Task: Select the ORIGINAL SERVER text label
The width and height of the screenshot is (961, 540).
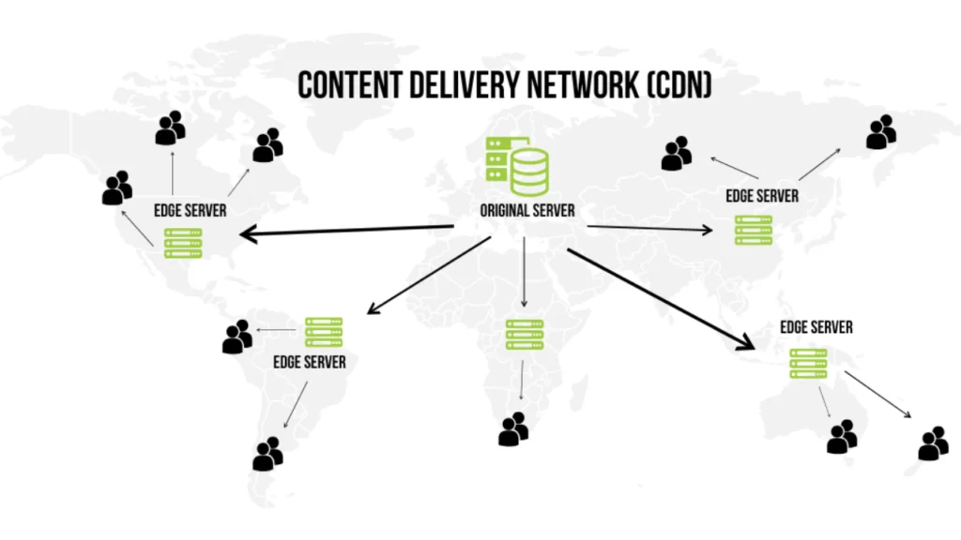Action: click(527, 210)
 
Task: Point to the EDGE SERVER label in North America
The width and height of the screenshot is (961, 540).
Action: click(191, 210)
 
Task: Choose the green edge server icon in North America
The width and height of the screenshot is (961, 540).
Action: click(184, 242)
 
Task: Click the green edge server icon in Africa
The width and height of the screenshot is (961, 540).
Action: click(525, 335)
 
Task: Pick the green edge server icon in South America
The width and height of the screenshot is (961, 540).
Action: click(324, 332)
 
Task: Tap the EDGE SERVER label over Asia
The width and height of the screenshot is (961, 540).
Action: click(762, 196)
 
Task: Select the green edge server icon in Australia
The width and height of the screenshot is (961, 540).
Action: click(808, 363)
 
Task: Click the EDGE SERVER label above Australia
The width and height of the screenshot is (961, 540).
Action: click(816, 327)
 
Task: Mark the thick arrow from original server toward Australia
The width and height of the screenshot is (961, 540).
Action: click(661, 297)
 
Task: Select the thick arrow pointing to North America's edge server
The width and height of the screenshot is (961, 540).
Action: click(346, 231)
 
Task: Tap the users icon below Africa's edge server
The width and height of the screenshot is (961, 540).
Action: click(513, 428)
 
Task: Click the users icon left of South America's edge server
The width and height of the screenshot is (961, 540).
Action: click(237, 337)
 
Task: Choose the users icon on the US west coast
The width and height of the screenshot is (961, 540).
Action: click(117, 187)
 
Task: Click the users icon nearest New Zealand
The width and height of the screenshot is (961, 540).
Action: click(933, 443)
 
